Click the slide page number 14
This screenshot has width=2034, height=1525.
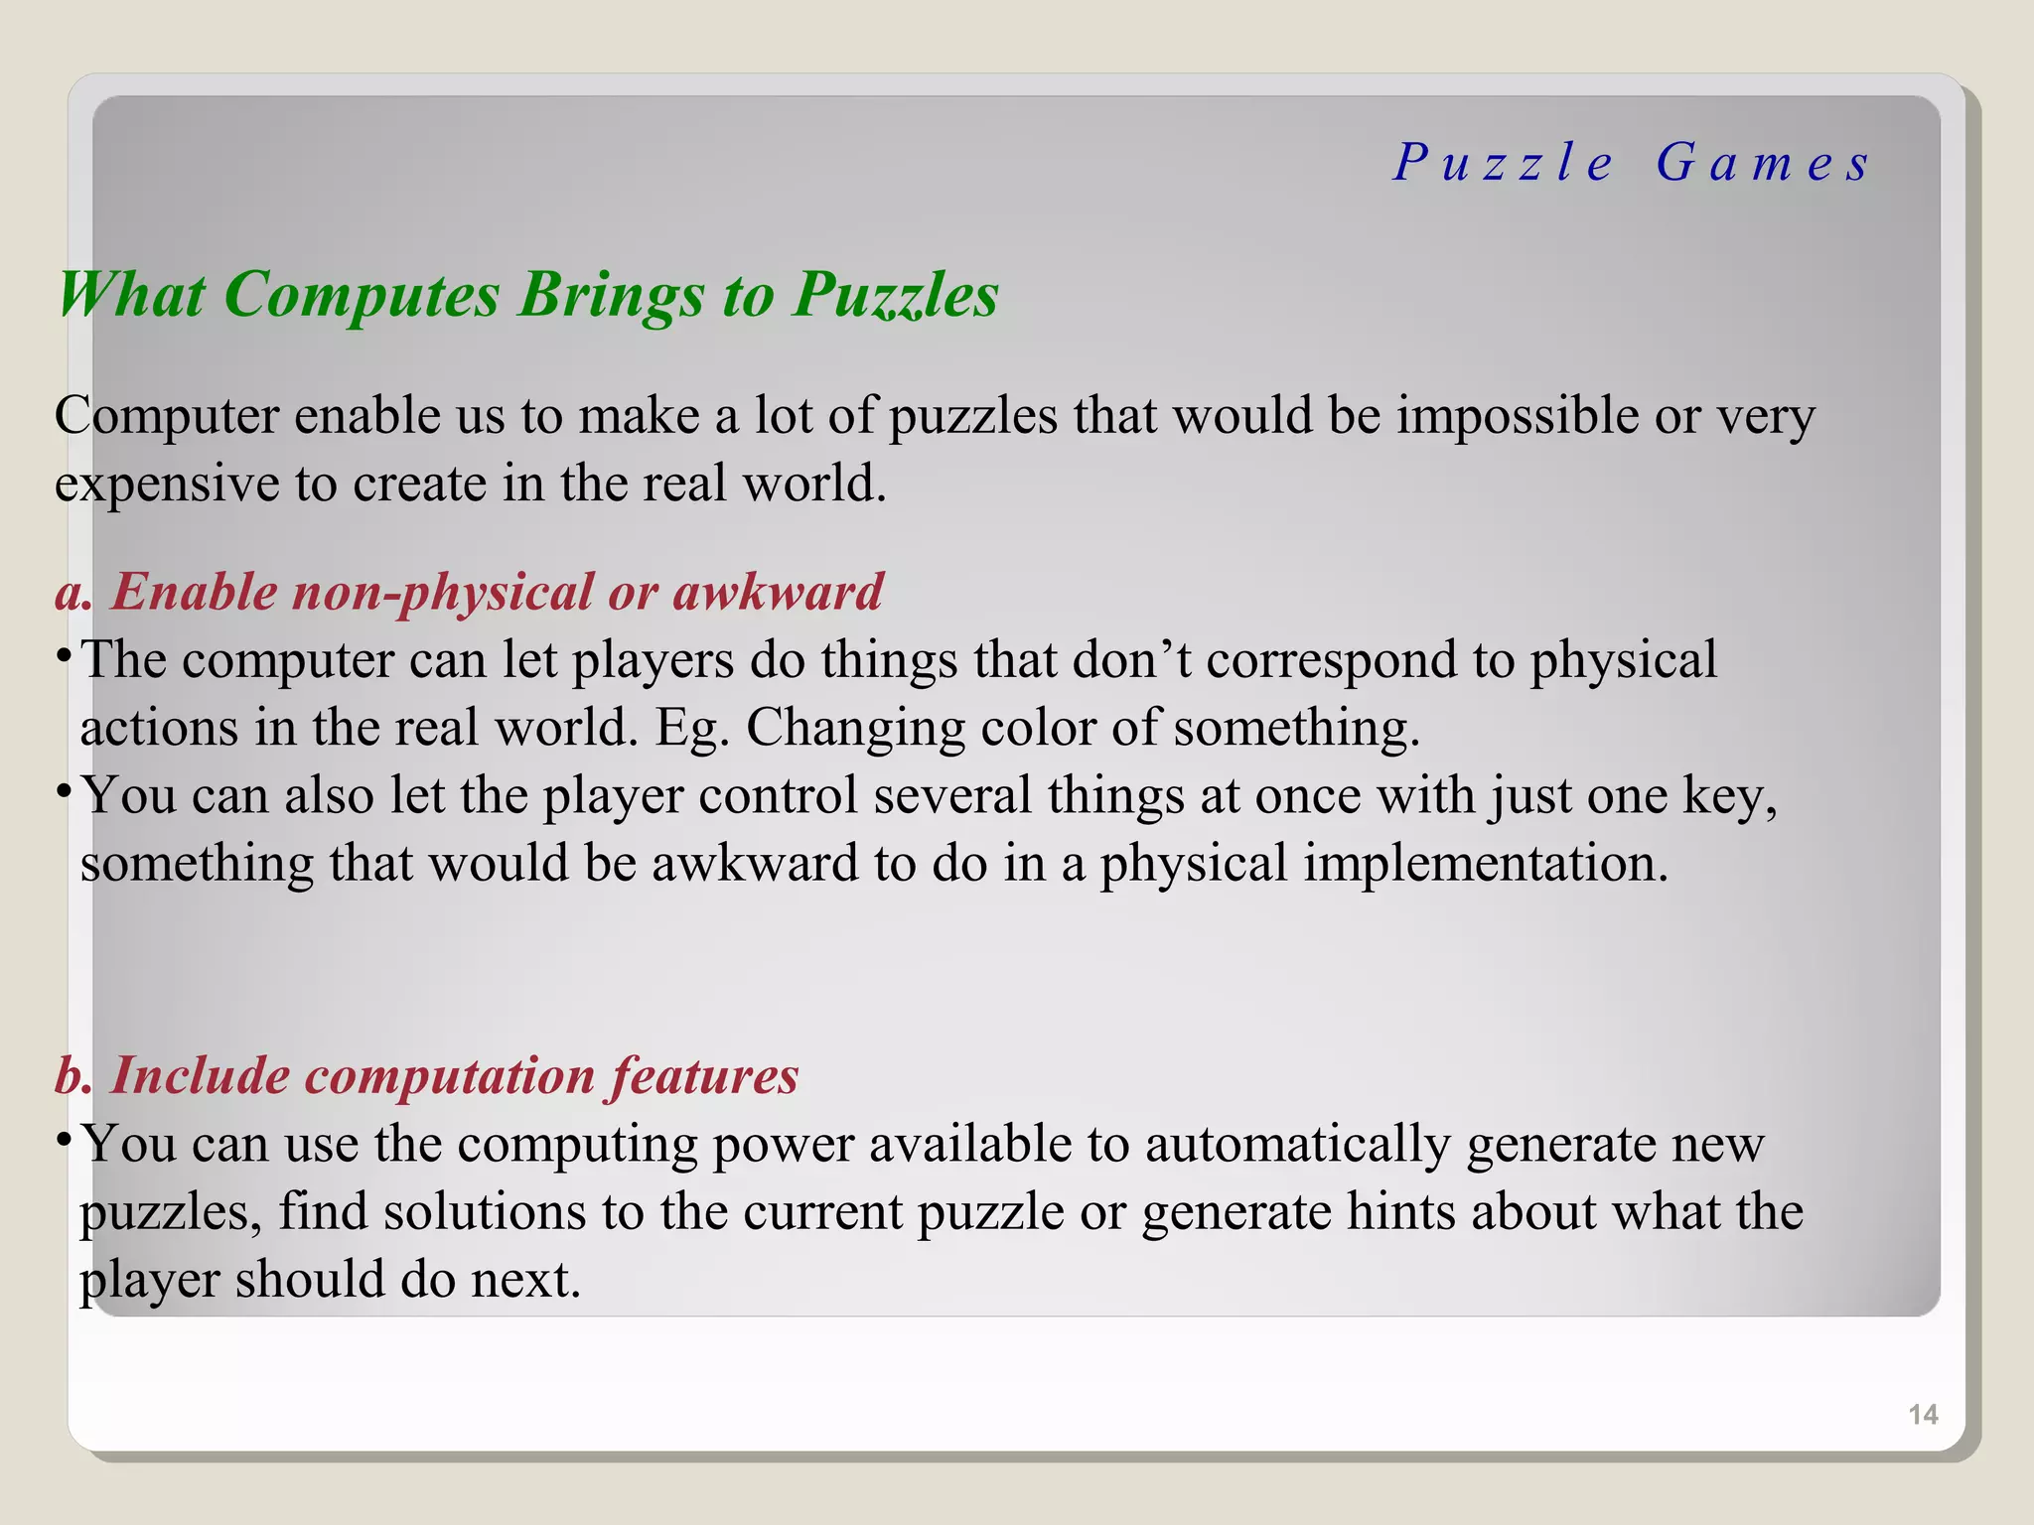tap(1923, 1415)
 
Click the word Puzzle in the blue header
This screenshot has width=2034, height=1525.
tap(1504, 163)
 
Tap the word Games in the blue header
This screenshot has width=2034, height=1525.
tap(1764, 163)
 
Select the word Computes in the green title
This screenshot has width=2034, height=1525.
tap(362, 295)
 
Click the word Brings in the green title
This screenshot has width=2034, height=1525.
tap(611, 295)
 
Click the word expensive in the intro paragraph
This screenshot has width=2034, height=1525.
tap(167, 485)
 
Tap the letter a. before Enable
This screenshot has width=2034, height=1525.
tap(73, 593)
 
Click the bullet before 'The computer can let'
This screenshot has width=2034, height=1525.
tap(63, 655)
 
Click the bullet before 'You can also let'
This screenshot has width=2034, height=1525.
tap(63, 790)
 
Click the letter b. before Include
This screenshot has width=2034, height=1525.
tap(74, 1076)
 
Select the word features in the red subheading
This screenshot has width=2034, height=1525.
tap(704, 1076)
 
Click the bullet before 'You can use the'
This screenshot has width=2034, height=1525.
tap(63, 1139)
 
